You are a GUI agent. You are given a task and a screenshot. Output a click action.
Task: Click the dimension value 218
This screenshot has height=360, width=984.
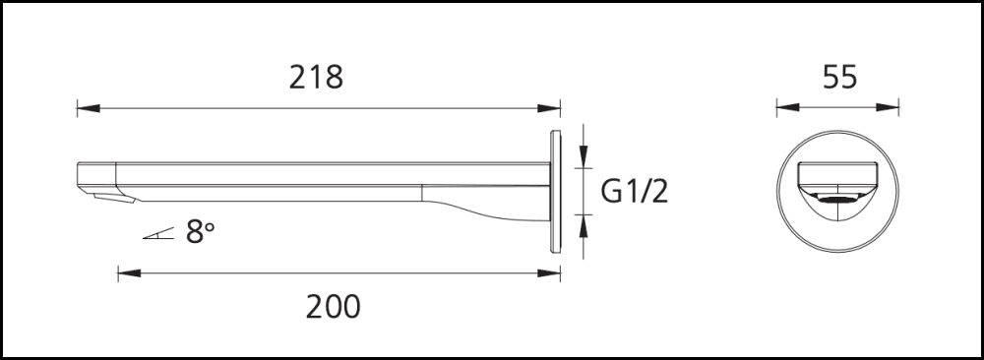(316, 77)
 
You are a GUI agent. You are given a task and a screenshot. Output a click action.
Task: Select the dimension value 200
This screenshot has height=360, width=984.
(333, 307)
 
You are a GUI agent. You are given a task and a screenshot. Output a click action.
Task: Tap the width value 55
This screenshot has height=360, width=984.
(838, 77)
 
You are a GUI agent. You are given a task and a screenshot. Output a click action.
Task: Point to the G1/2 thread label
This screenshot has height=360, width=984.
(635, 191)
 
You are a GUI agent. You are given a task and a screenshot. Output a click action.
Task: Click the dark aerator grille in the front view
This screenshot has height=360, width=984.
(838, 201)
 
